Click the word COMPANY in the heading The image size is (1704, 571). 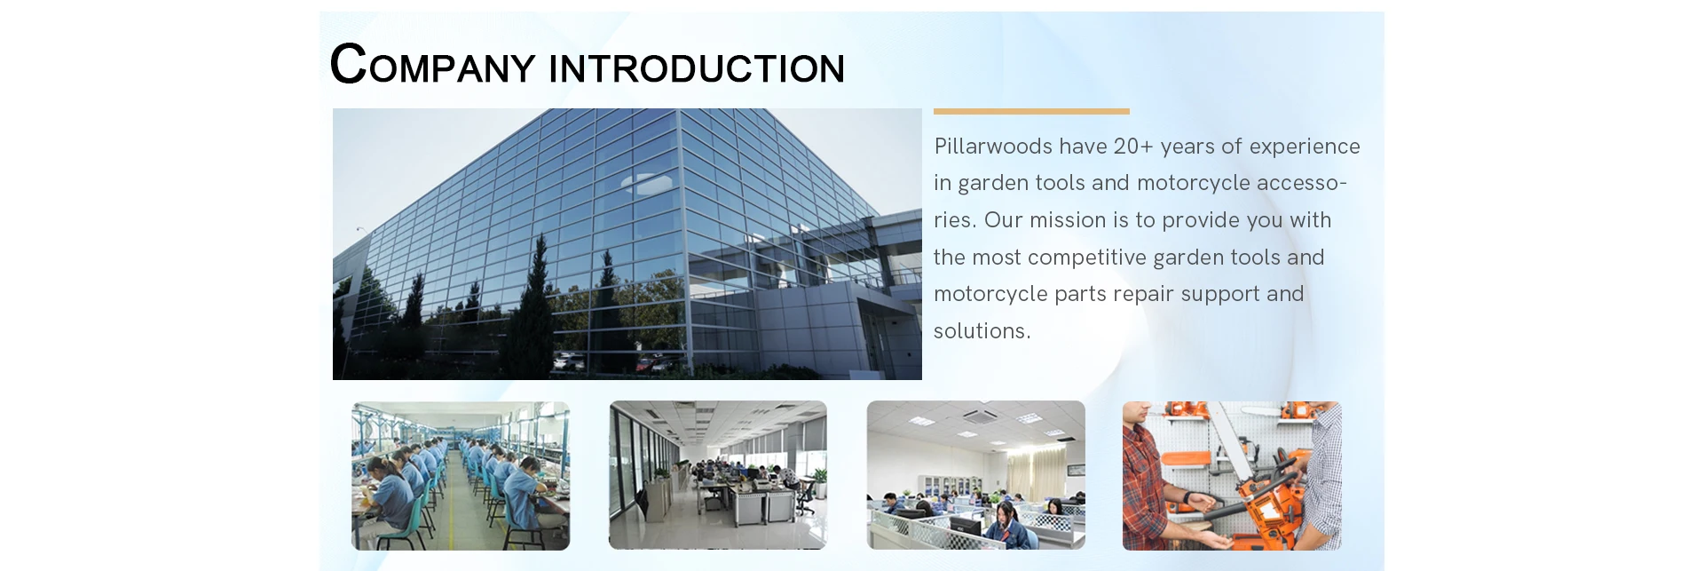pos(432,65)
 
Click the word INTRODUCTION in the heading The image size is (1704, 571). pos(697,69)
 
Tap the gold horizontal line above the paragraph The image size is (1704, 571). pos(1031,111)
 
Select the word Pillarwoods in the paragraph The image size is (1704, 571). pos(993,146)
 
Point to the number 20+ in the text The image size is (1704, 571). pos(1133,146)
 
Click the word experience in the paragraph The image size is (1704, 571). pos(1305,147)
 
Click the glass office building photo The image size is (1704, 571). pos(627,244)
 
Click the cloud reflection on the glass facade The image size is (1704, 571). pos(646,184)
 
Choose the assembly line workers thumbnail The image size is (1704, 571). pos(461,475)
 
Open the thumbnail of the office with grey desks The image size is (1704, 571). pos(718,475)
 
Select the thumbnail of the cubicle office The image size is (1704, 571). pos(976,475)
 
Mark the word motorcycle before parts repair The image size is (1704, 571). pos(990,295)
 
